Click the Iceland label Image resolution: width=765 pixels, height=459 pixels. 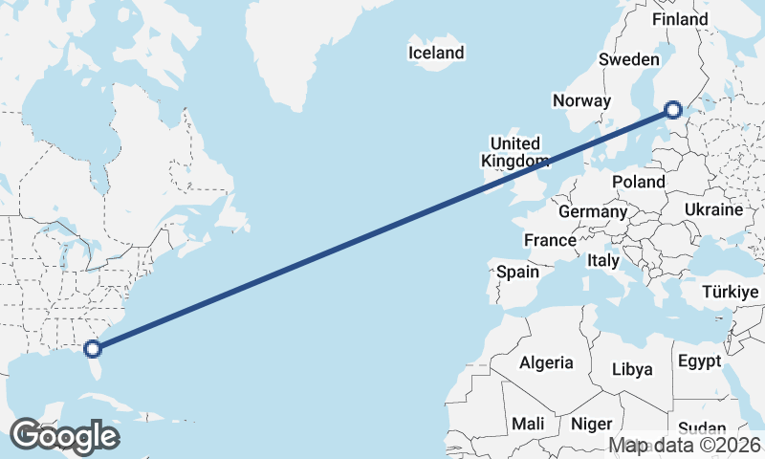436,54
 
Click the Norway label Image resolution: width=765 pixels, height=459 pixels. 581,100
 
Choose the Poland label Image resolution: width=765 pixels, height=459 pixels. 640,182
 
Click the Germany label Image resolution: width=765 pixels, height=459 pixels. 593,211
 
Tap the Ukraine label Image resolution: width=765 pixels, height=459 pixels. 713,209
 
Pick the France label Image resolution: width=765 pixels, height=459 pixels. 550,240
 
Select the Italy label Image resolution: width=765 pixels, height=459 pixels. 603,260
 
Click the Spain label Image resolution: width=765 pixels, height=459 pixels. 517,273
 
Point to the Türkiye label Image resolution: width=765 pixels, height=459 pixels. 730,292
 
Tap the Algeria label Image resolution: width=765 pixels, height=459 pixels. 546,362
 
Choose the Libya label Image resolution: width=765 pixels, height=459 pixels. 631,369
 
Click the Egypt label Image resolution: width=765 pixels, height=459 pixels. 699,361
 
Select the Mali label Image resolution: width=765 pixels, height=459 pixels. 529,423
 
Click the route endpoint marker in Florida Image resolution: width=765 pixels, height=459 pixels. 93,349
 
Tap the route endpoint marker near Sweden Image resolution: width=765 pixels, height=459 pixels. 673,111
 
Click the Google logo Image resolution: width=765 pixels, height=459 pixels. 64,436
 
